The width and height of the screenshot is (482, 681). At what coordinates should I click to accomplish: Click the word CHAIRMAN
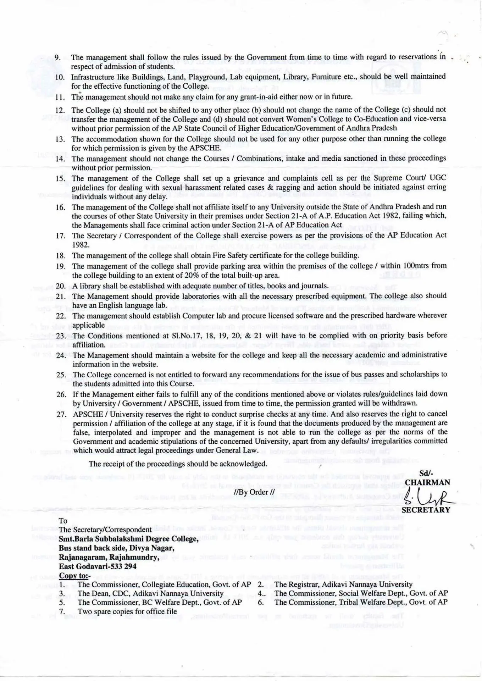[427, 482]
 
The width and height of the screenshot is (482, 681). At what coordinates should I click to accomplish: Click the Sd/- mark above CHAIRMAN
[426, 474]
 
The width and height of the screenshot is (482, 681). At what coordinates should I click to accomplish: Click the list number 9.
[57, 57]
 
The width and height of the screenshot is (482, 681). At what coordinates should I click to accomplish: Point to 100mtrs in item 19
[416, 266]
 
